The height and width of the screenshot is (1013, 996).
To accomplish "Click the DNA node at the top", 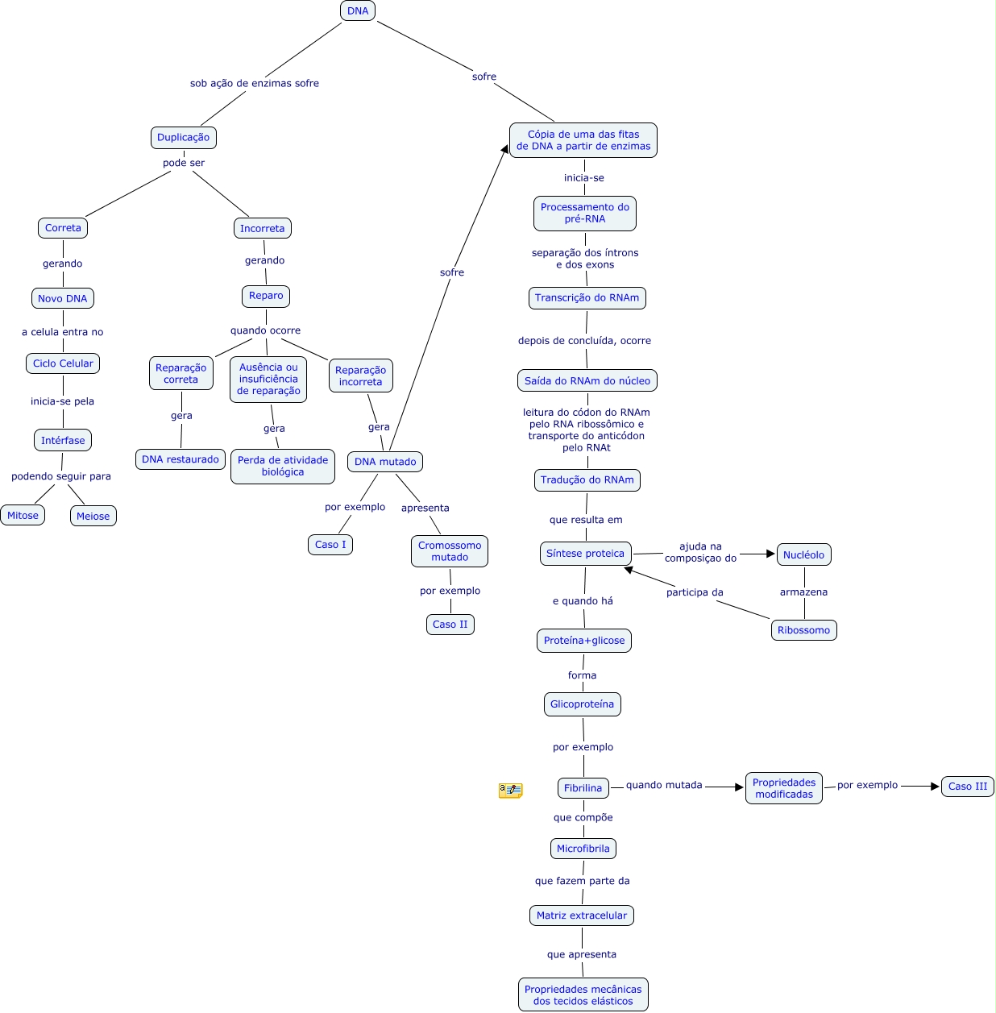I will [x=358, y=11].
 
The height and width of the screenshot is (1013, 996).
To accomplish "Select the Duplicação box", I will [x=184, y=138].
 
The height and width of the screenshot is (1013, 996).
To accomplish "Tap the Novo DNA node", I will [x=63, y=299].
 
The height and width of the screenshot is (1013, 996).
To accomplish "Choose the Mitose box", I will [x=23, y=516].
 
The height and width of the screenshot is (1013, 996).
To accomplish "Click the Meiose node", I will [x=93, y=517].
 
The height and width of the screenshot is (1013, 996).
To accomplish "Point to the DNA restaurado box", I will [x=181, y=459].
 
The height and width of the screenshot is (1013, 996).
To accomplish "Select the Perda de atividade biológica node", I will [x=283, y=467].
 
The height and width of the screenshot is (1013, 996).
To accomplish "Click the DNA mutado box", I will [x=385, y=462].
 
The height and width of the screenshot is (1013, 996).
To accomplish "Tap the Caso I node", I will [x=330, y=545].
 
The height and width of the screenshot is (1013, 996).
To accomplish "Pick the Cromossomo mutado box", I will [x=450, y=551].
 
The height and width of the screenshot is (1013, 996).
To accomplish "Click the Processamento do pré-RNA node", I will [x=585, y=214].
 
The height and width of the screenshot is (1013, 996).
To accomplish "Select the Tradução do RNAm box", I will [x=587, y=480].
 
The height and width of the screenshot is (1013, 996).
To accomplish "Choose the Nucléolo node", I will [x=804, y=555].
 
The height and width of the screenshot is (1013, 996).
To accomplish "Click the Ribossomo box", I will [x=804, y=630].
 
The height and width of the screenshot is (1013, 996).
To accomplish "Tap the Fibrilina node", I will [x=583, y=788].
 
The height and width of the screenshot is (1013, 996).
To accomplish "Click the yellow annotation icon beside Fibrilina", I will [x=510, y=791].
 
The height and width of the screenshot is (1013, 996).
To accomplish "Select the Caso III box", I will [x=968, y=787].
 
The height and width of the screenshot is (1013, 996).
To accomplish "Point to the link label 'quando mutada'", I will [x=664, y=785].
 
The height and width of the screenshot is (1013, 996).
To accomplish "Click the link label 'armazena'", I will [x=803, y=592].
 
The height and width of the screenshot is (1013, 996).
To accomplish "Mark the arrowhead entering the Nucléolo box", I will [x=770, y=554].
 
